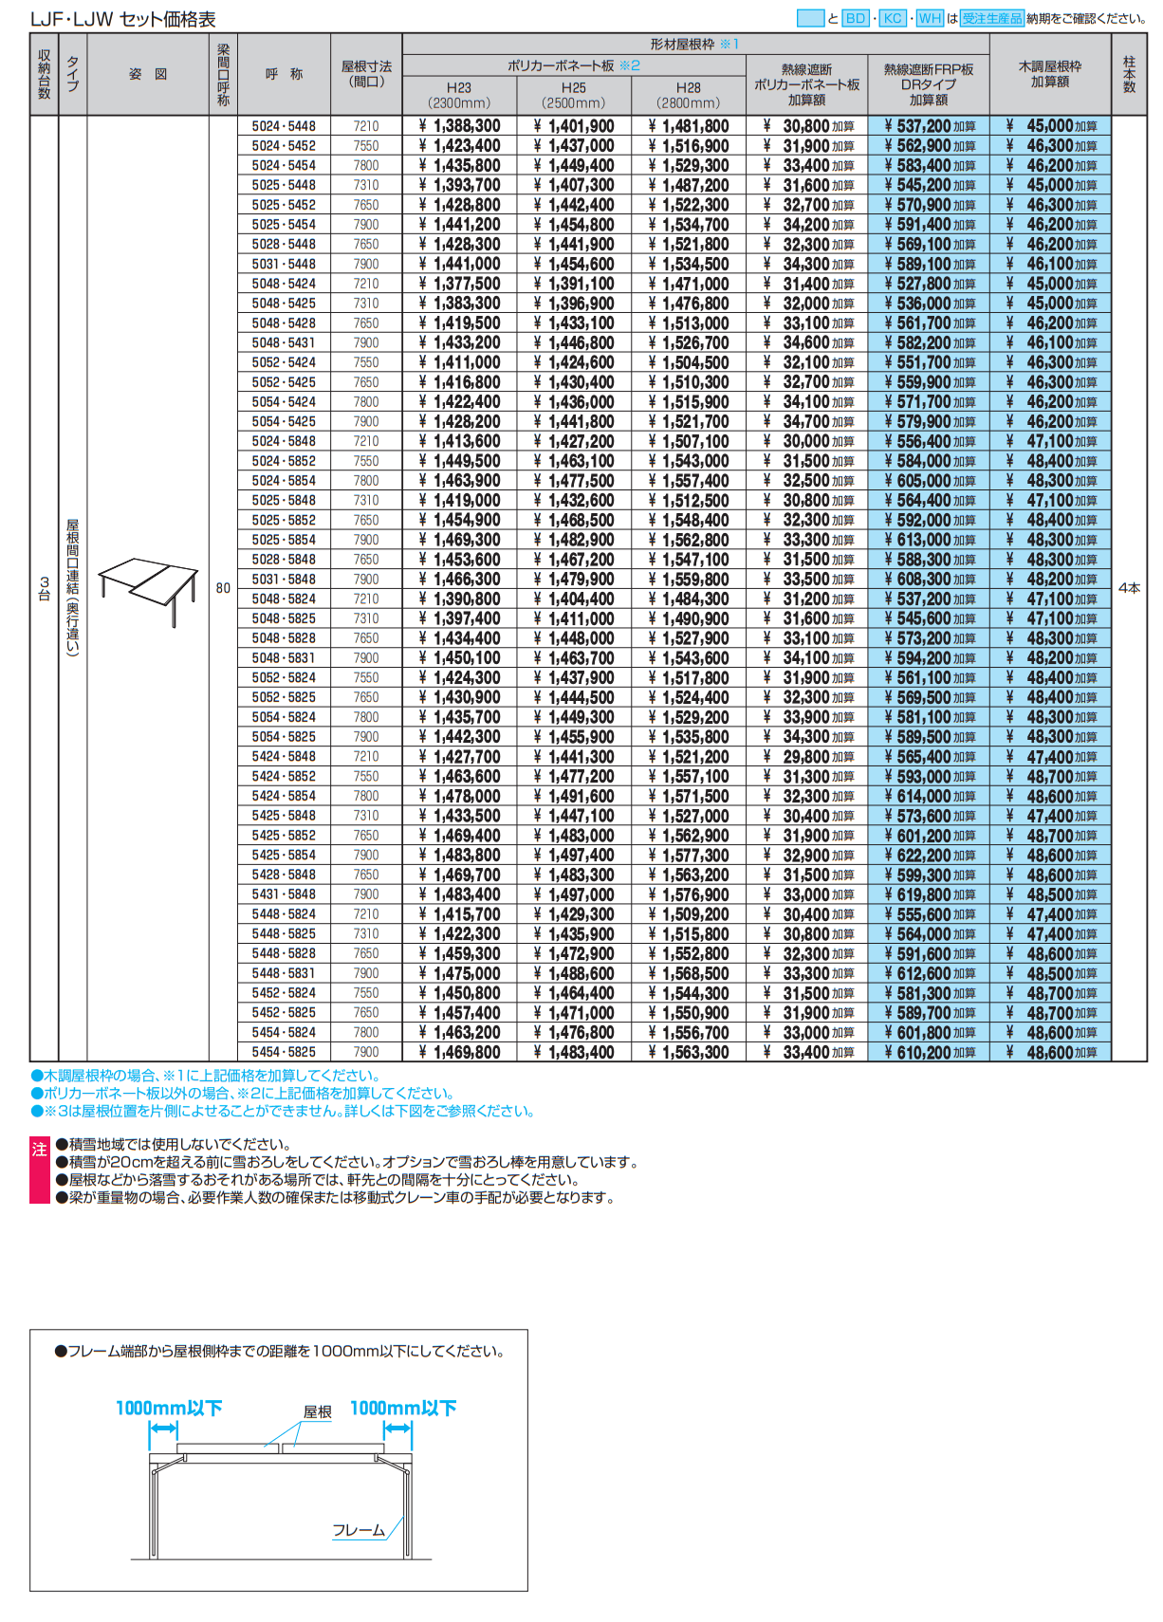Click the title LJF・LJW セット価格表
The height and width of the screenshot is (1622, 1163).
coord(123,19)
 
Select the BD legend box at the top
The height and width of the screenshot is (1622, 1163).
coord(856,18)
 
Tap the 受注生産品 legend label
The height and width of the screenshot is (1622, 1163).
coord(992,18)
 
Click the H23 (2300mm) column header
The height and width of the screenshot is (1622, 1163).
coord(459,95)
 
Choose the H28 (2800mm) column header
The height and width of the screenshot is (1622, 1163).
coord(689,95)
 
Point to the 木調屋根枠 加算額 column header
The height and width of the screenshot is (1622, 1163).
coord(1050,74)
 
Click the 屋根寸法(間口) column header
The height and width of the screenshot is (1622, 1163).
coord(366,74)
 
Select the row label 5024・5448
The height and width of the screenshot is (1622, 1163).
coord(284,126)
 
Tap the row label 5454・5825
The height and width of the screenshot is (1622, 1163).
coord(284,1052)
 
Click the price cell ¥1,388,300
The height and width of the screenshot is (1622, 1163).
coord(460,126)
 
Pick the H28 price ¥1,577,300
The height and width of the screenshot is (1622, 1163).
coord(690,855)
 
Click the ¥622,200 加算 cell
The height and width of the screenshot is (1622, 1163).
coord(930,855)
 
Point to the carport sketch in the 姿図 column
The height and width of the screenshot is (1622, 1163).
coord(148,588)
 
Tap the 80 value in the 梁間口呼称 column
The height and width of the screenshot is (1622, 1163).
coord(223,588)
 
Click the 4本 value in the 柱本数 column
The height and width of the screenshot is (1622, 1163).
coord(1129,588)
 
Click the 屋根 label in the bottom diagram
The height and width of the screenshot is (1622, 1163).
coord(317,1412)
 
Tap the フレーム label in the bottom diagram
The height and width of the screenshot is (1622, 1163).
coord(359,1530)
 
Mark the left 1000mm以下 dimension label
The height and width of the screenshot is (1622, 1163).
coord(169,1409)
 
